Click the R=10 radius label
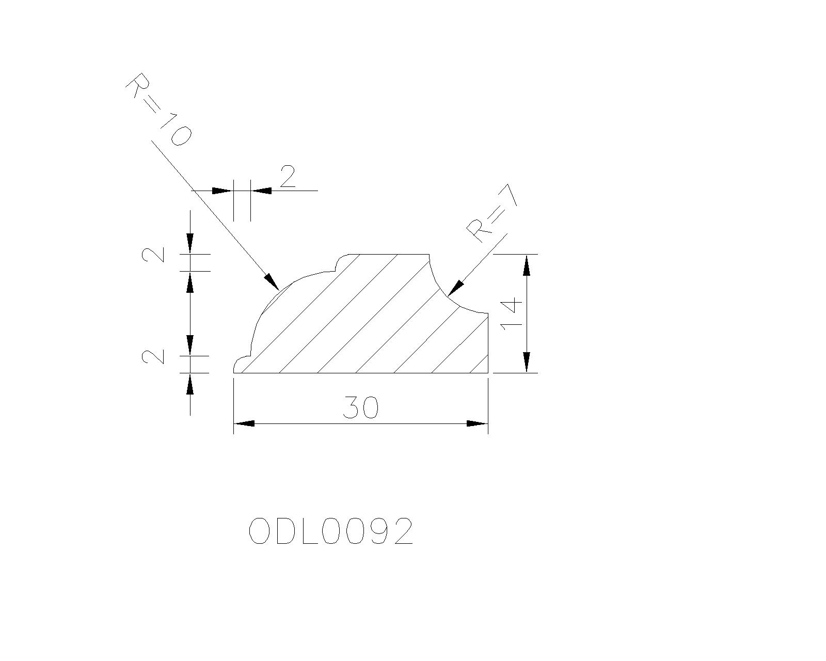(x=158, y=109)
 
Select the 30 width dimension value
(x=360, y=407)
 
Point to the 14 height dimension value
(x=512, y=314)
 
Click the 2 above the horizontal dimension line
(x=288, y=176)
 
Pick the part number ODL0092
(x=331, y=531)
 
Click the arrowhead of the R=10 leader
(x=272, y=281)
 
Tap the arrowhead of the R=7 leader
(x=456, y=289)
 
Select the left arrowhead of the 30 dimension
(x=244, y=423)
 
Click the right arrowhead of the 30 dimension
(x=478, y=423)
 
